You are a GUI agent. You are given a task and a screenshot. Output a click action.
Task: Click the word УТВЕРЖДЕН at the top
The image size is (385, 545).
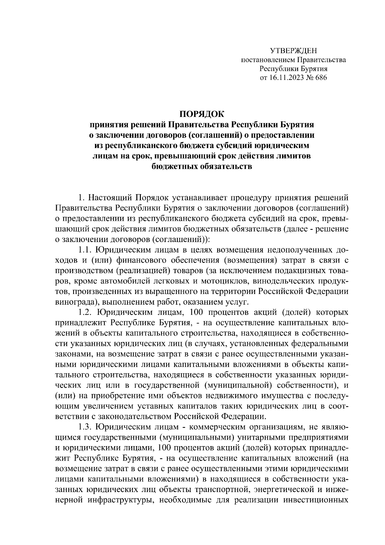pos(293,51)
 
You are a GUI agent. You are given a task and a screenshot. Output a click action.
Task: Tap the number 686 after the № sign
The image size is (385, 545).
pos(321,78)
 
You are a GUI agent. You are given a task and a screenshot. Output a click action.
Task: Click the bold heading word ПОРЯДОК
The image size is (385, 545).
pos(202,114)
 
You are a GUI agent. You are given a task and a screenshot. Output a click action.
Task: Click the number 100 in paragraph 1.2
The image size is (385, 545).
pos(197,312)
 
